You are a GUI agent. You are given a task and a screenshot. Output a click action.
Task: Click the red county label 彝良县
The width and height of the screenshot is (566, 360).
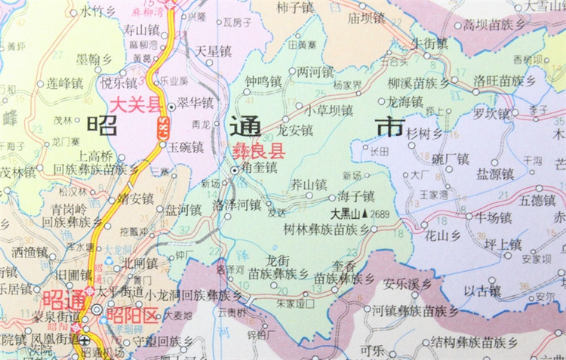[x=252, y=151]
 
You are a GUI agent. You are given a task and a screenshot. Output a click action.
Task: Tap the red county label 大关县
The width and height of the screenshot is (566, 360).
[x=137, y=106]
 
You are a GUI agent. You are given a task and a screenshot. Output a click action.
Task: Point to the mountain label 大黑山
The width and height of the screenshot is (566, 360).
[x=346, y=214]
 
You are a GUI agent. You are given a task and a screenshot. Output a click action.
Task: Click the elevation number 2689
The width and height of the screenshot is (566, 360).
[x=380, y=214]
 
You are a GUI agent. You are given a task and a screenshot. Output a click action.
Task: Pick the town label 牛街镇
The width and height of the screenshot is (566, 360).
[x=429, y=42]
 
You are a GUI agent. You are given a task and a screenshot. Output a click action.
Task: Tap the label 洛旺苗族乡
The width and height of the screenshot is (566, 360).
[x=504, y=80]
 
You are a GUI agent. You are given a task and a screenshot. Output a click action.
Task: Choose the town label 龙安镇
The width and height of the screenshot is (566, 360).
[x=295, y=130]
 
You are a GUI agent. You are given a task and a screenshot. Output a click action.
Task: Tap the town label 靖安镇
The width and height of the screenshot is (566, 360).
[x=136, y=200]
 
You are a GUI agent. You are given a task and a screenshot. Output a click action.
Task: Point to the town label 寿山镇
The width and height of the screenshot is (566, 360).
[x=143, y=31]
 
